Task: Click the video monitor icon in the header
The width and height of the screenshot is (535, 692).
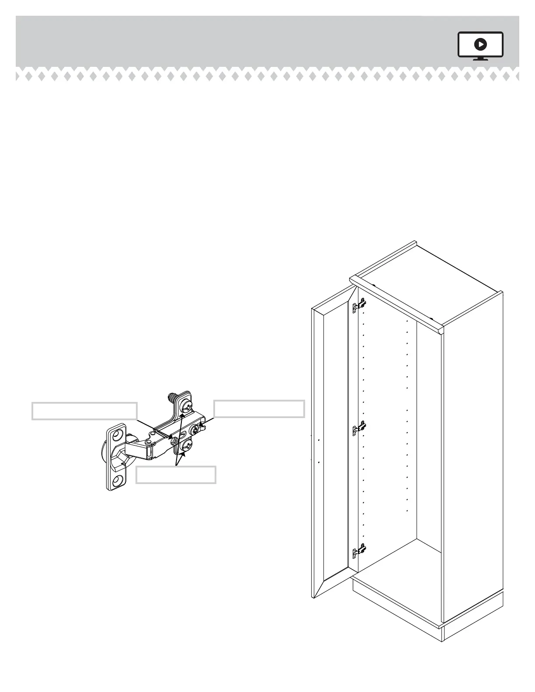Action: click(480, 45)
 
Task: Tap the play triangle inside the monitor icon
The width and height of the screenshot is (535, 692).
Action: click(480, 44)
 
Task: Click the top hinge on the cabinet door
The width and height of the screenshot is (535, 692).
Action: click(359, 305)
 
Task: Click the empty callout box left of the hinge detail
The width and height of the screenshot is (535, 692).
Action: click(84, 411)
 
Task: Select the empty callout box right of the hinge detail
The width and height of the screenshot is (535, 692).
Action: click(259, 408)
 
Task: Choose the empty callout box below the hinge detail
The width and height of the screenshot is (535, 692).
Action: click(176, 475)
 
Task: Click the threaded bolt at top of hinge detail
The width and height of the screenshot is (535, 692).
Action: click(172, 398)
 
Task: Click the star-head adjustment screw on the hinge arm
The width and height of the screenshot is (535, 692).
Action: click(194, 430)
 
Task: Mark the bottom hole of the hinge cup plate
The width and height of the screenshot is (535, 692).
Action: click(117, 481)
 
